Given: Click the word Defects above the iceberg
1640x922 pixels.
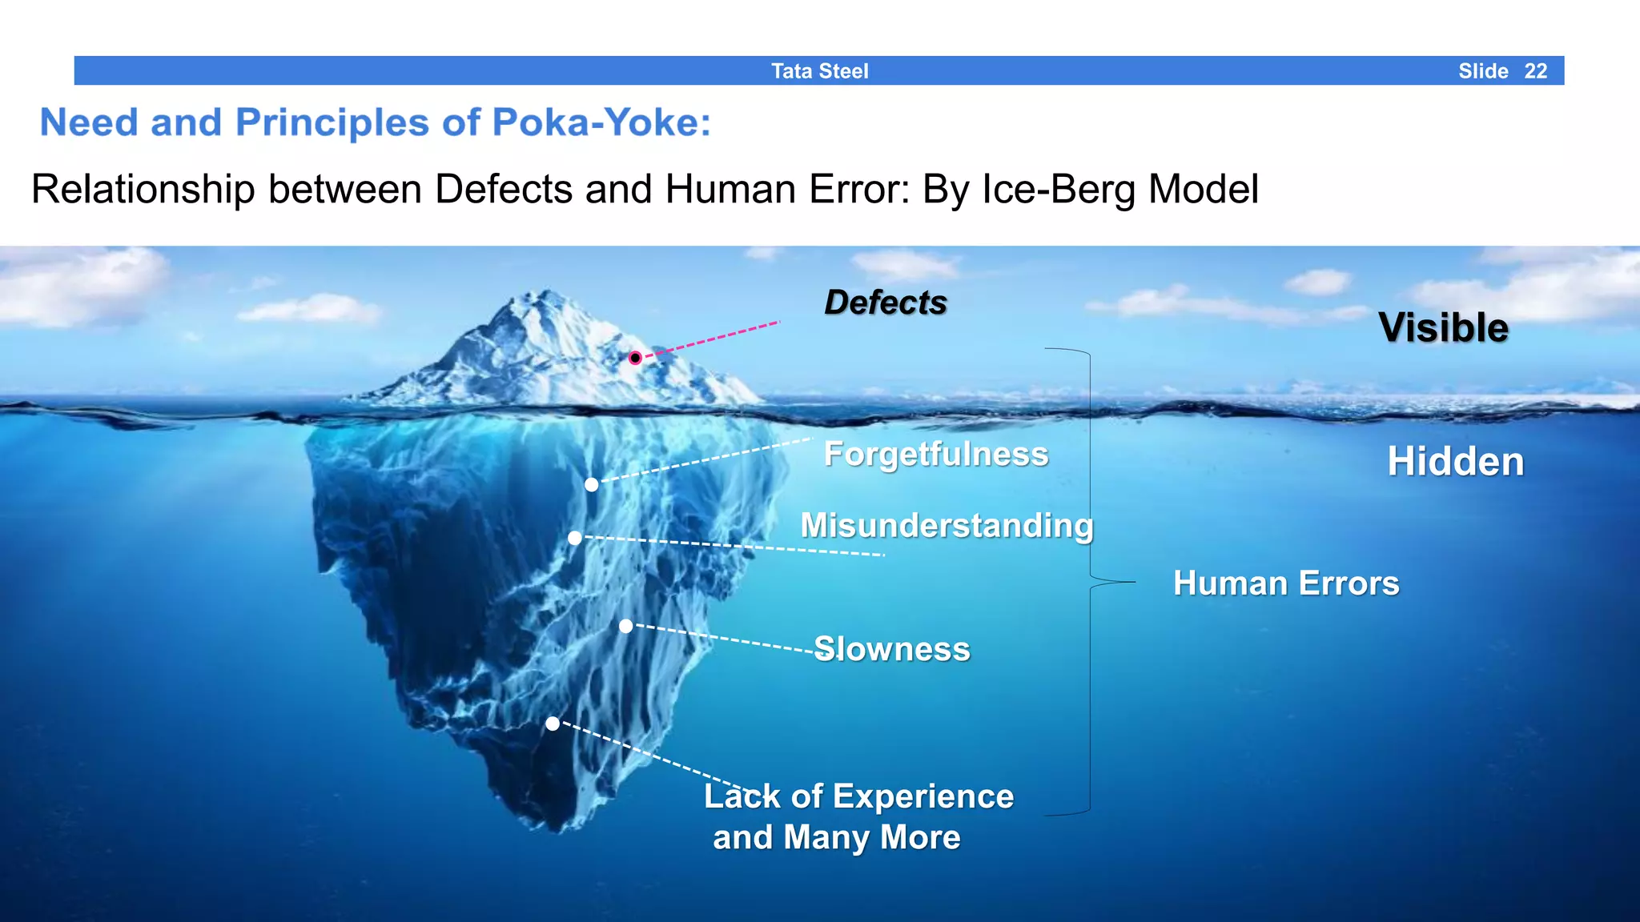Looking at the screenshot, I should point(885,303).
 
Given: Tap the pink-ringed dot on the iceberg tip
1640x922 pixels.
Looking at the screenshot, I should point(635,358).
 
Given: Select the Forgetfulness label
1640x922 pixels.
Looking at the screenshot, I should point(935,454).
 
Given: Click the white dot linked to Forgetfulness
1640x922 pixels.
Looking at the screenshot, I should point(591,484).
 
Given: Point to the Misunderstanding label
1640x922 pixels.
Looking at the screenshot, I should point(947,526).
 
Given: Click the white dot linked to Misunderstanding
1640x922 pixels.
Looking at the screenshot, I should point(575,538).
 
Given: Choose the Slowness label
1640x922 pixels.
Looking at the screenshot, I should point(891,649).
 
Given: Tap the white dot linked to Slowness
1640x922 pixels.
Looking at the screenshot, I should point(626,626).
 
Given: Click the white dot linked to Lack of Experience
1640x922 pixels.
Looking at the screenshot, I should point(553,724).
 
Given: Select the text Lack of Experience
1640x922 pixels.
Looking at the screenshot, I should point(858,796).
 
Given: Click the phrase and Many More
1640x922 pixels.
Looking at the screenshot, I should point(836,837).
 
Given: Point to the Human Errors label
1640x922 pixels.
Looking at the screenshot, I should point(1286,583).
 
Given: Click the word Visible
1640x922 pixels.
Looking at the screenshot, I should point(1443,327).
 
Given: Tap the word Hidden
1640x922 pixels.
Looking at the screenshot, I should point(1455,462).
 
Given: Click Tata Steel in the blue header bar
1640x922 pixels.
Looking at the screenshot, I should point(819,71).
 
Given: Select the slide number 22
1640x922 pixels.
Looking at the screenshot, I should point(1535,71).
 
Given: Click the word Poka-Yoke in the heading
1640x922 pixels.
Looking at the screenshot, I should point(601,122).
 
